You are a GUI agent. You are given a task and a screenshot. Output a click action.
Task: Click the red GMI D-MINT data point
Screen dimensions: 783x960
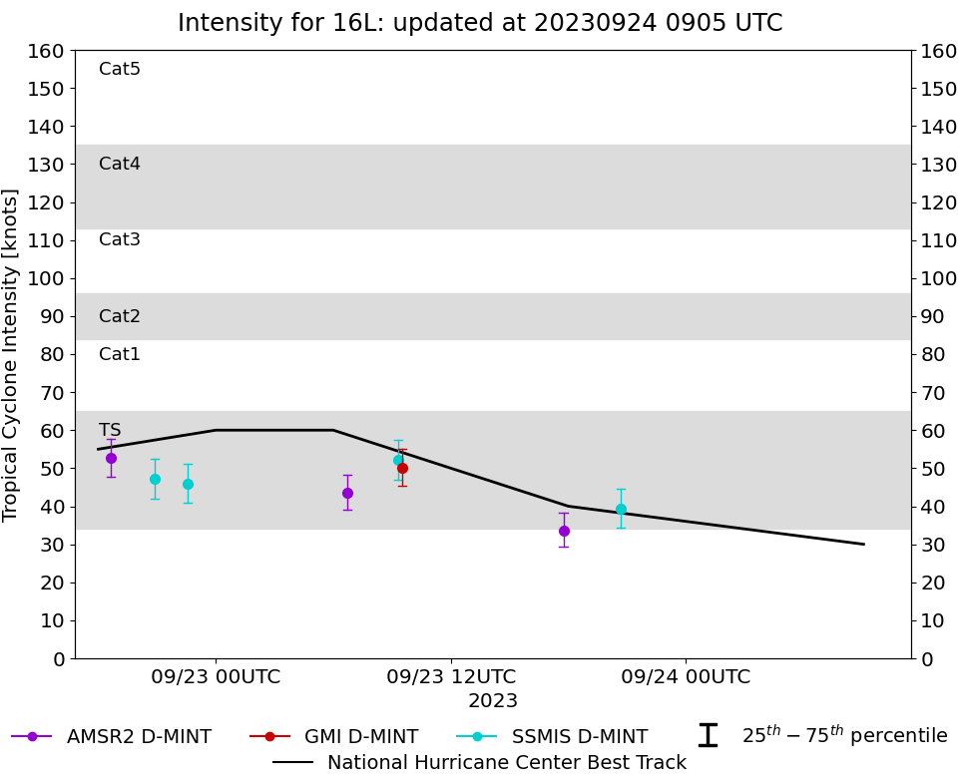402,468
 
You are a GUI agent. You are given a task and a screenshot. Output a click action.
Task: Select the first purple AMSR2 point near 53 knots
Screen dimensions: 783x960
111,458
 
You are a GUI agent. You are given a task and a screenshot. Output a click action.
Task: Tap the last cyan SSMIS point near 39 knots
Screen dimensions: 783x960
621,509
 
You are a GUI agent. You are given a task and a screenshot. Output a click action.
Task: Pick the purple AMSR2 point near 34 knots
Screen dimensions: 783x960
564,531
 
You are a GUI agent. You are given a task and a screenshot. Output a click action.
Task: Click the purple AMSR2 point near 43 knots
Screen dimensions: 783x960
347,493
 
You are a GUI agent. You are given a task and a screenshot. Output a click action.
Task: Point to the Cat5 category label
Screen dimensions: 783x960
120,70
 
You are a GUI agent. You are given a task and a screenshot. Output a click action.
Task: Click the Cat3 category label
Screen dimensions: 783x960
120,240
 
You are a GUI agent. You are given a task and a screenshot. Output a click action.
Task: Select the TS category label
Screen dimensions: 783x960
110,431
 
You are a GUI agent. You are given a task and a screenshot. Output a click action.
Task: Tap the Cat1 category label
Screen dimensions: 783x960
120,354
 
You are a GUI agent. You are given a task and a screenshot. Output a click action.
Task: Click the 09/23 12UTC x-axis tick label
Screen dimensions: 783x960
451,677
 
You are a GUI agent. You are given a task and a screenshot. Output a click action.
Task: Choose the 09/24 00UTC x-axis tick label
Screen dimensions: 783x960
686,677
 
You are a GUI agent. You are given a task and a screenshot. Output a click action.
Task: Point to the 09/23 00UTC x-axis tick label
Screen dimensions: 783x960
216,677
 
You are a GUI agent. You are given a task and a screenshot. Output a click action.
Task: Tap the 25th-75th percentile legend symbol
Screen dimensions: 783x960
708,735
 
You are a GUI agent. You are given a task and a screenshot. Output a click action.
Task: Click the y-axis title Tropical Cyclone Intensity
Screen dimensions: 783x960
11,354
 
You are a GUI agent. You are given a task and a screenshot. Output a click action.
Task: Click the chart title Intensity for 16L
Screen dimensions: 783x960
480,23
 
